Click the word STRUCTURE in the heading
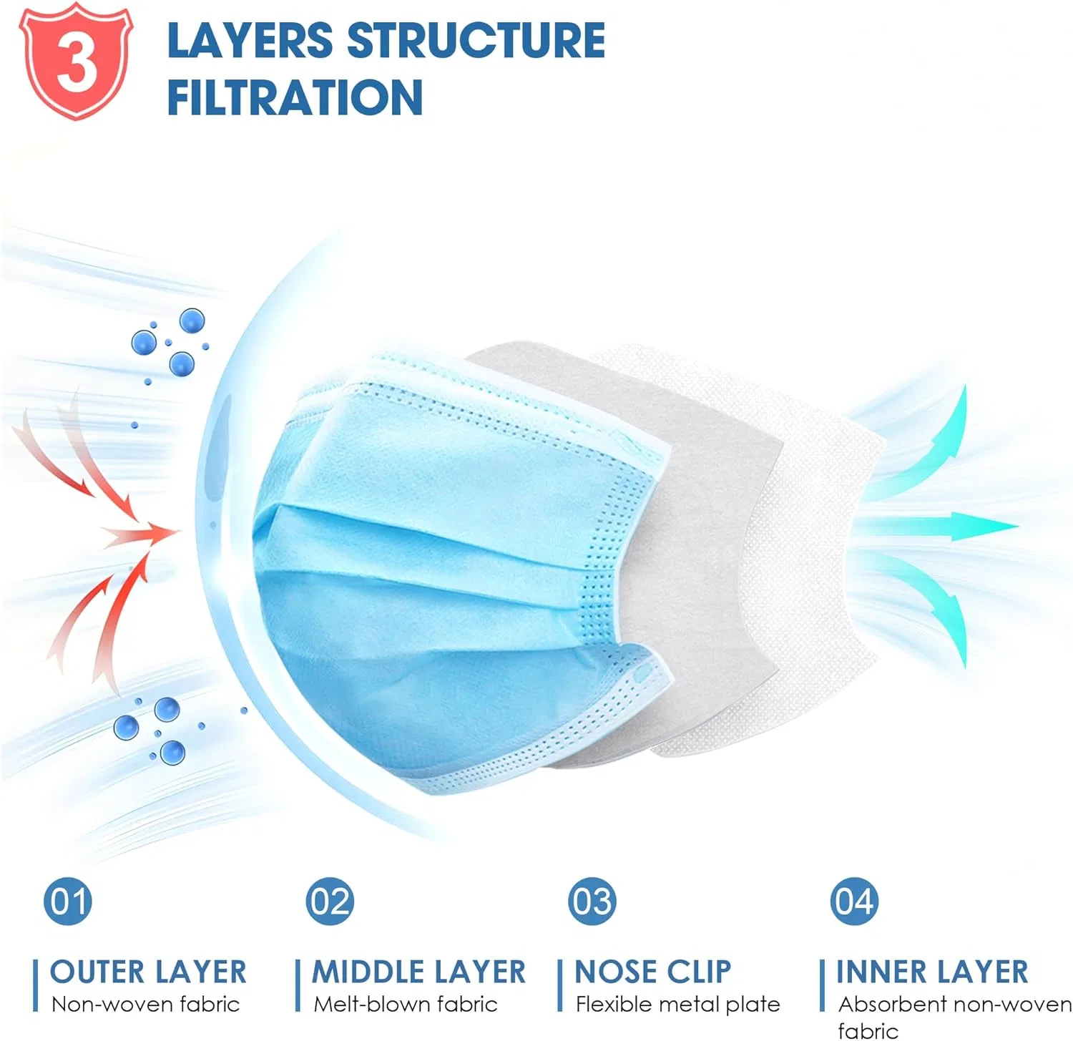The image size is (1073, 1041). click(476, 40)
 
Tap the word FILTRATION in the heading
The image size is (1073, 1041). click(295, 97)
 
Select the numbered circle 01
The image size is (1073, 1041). click(68, 901)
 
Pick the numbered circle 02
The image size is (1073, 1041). click(330, 901)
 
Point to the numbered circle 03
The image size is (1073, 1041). click(592, 901)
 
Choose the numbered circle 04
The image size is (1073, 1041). click(854, 901)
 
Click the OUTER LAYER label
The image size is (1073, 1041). click(148, 972)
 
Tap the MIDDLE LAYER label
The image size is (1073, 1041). click(418, 972)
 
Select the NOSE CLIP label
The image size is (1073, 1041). click(653, 972)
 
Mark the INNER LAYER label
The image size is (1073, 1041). click(932, 972)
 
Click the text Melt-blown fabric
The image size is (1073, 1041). click(406, 1004)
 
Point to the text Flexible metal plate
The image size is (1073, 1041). click(677, 1004)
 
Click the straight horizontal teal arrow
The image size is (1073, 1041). click(937, 527)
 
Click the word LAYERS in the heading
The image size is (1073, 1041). click(250, 40)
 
